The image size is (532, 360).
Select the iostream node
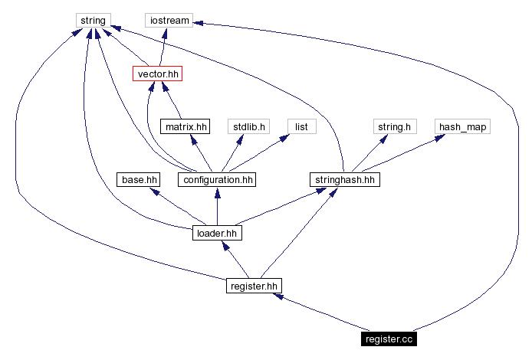(168, 20)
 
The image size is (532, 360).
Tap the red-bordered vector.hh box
(158, 74)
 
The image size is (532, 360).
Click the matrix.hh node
(184, 126)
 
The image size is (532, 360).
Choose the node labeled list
(301, 126)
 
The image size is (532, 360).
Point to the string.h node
(394, 126)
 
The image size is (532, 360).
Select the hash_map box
(462, 126)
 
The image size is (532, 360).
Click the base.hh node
(139, 180)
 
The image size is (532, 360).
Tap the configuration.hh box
(216, 180)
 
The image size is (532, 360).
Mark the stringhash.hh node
(345, 180)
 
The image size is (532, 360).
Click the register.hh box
(254, 286)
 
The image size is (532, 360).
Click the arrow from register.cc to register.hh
(322, 313)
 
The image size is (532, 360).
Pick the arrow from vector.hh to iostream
(163, 47)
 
